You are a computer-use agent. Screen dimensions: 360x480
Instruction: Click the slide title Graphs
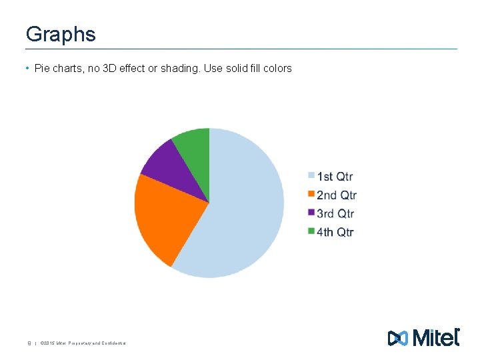click(x=60, y=34)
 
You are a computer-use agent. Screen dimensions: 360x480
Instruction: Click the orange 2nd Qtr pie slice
click(x=163, y=213)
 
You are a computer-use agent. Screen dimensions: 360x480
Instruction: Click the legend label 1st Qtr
click(x=335, y=177)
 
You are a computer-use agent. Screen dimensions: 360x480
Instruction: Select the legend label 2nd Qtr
click(x=336, y=195)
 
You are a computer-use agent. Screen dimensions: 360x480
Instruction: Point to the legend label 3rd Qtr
click(x=335, y=213)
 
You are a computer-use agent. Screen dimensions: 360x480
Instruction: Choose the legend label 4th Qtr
click(x=335, y=232)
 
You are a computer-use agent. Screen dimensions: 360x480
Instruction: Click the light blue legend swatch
click(x=311, y=176)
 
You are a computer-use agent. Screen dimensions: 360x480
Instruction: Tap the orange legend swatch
click(x=311, y=195)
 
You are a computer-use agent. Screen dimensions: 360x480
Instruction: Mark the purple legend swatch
click(x=311, y=213)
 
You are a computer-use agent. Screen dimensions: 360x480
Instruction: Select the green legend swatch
click(x=311, y=231)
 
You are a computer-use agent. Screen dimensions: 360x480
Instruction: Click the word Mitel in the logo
click(x=436, y=338)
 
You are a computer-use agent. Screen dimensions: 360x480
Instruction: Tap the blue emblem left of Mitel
click(x=397, y=339)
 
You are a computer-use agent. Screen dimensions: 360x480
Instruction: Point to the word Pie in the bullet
click(x=41, y=68)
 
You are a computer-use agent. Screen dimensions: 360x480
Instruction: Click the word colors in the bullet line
click(x=277, y=68)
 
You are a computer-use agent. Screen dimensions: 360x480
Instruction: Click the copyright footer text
click(x=83, y=343)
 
